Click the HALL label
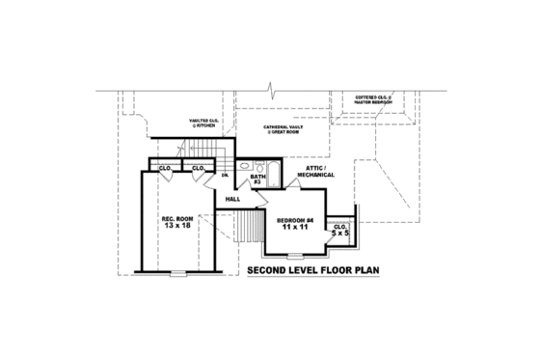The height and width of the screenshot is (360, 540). click(232, 199)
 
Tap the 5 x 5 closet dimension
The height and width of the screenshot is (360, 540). click(339, 233)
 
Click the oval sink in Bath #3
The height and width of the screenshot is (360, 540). click(245, 168)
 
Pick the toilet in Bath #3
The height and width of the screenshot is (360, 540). click(245, 180)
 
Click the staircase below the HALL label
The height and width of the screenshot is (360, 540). click(251, 229)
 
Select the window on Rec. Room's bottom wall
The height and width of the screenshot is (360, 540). click(176, 273)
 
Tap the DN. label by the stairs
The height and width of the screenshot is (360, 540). click(224, 175)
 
